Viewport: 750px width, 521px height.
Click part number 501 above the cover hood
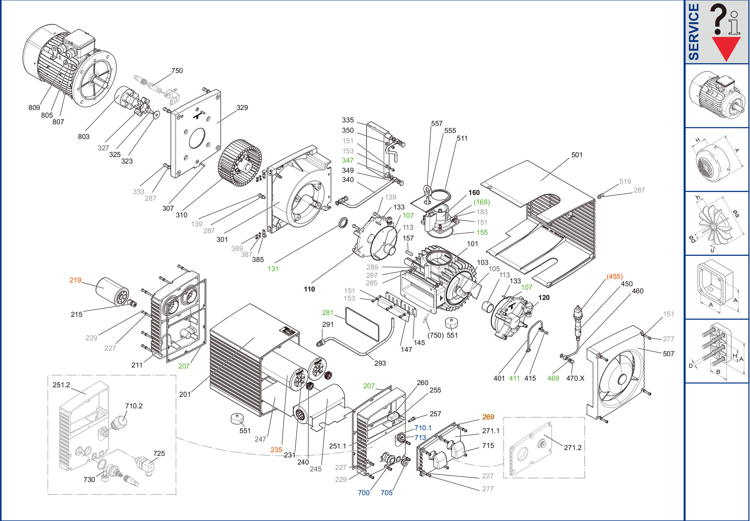(x=577, y=155)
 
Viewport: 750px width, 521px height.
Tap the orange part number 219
(x=75, y=280)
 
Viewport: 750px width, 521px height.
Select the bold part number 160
(x=474, y=193)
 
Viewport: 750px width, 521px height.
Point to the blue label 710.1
(x=423, y=428)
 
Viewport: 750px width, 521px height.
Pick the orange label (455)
(x=614, y=276)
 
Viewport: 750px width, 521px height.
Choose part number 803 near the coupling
(x=84, y=136)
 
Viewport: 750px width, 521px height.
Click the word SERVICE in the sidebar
(x=694, y=32)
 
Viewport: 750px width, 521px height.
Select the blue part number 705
(x=386, y=493)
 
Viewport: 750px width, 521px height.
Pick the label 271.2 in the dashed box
(x=573, y=448)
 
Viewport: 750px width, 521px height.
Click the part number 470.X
(x=575, y=378)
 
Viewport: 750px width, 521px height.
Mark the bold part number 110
(x=309, y=289)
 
